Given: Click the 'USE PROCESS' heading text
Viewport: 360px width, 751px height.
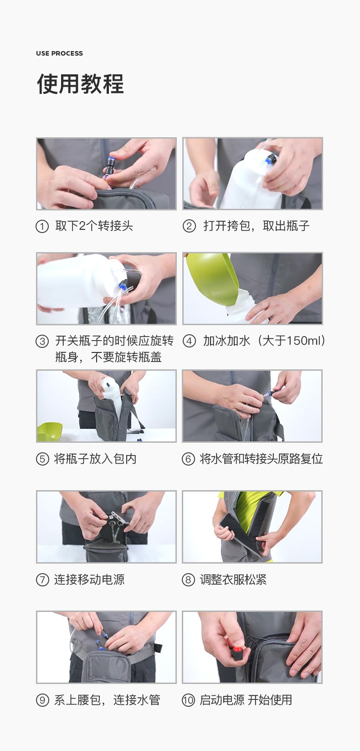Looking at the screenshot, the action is (x=59, y=53).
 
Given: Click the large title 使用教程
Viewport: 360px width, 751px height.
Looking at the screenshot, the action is (x=81, y=84).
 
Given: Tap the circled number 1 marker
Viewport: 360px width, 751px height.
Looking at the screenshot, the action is (x=42, y=226).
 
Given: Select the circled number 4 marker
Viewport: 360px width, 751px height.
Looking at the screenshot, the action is (x=189, y=341).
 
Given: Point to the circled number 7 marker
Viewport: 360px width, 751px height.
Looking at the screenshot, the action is (x=42, y=580).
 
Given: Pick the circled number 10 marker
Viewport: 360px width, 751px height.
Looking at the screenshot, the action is (x=188, y=700).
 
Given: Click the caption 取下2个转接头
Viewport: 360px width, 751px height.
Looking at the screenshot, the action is (x=94, y=226).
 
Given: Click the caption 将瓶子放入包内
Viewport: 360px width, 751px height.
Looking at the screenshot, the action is (x=95, y=459).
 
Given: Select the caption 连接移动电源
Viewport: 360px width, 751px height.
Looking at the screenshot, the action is (x=89, y=580).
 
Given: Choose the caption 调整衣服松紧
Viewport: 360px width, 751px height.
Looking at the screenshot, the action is (x=233, y=580).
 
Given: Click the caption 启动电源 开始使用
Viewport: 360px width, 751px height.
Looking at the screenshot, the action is (x=246, y=700).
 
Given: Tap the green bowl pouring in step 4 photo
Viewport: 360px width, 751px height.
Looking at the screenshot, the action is (x=212, y=278).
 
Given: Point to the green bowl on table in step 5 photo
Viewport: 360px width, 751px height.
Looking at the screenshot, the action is (x=50, y=432).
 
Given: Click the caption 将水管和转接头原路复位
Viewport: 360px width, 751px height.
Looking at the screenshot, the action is (x=262, y=459).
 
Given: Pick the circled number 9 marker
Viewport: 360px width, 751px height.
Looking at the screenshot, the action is (x=42, y=700).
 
